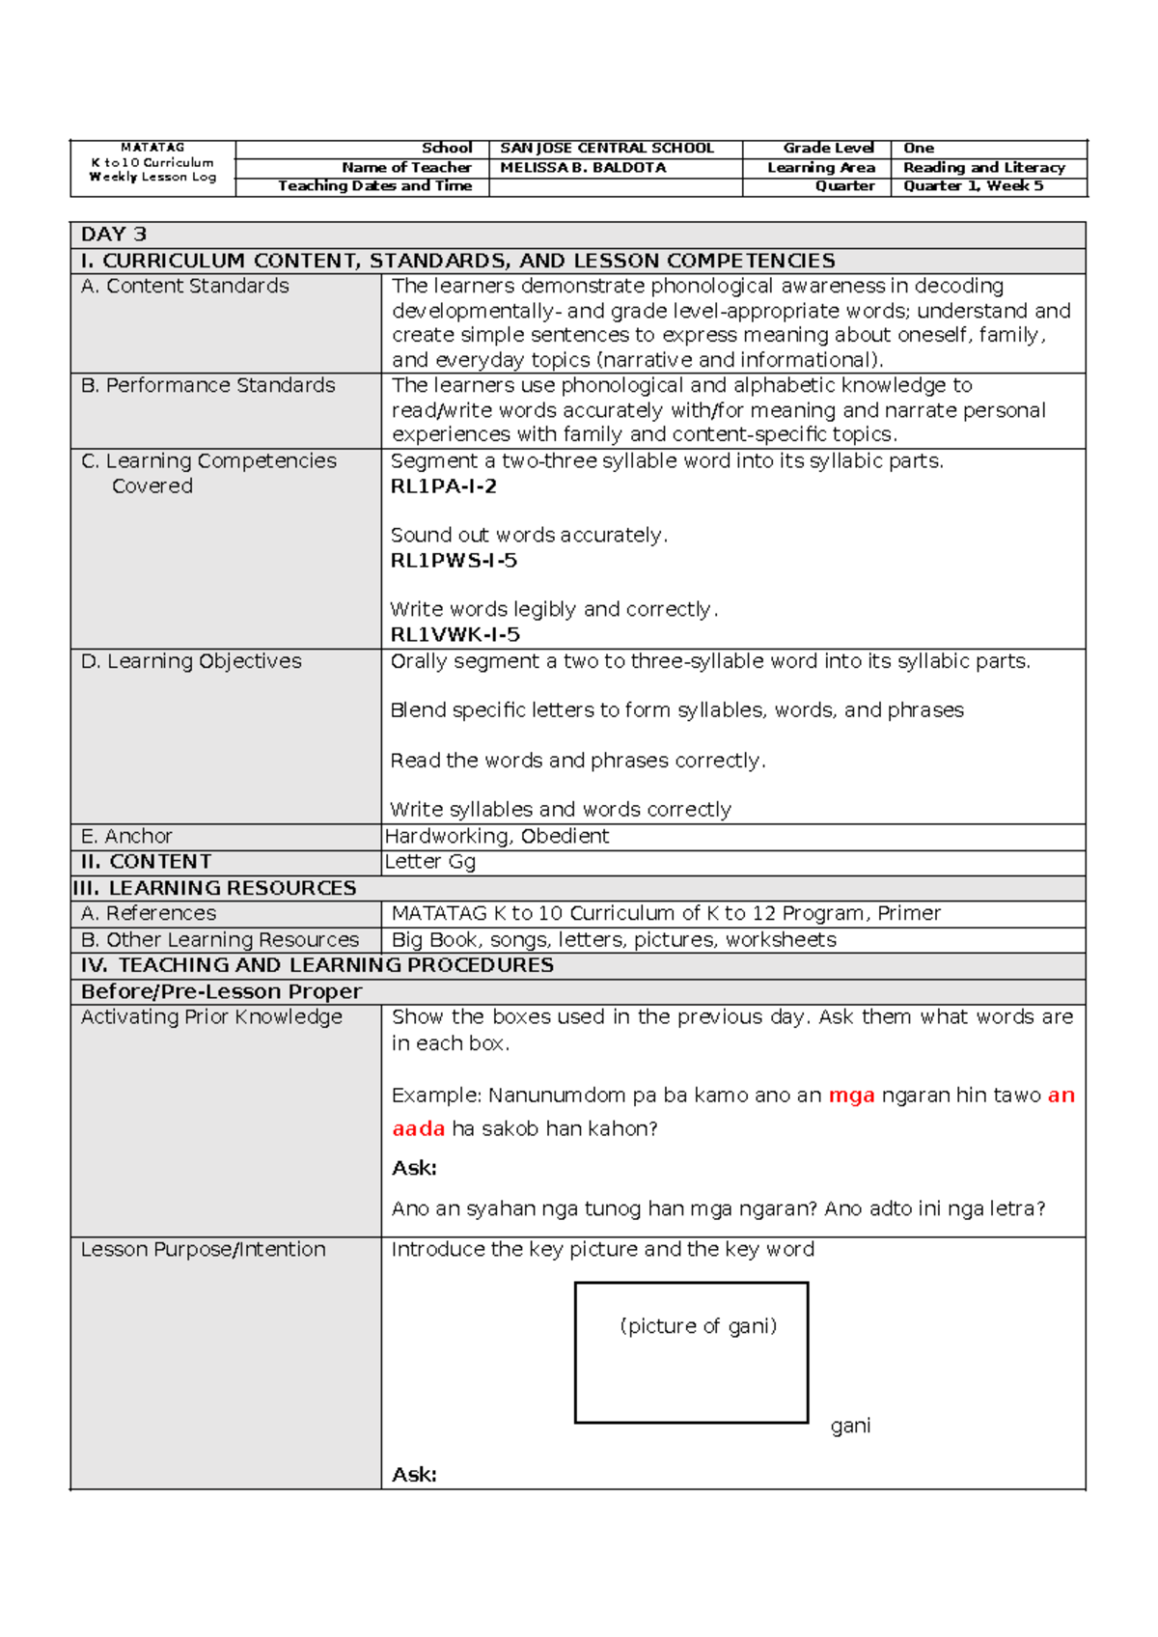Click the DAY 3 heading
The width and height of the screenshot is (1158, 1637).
point(114,235)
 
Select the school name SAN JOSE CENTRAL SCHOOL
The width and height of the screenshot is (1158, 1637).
point(607,149)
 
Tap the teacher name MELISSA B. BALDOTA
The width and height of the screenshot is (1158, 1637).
point(583,168)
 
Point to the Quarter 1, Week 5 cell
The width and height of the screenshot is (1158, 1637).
point(973,186)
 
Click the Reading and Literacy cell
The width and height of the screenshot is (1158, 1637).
point(983,168)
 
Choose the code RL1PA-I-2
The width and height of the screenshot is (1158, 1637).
point(443,486)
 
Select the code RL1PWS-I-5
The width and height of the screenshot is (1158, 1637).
point(454,561)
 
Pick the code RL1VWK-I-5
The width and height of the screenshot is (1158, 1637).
point(455,635)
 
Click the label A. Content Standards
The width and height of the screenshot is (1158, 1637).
point(185,287)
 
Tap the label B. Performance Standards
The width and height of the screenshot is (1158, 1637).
point(208,386)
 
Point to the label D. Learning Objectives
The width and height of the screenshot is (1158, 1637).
point(191,662)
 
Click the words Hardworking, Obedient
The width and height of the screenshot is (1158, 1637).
point(497,837)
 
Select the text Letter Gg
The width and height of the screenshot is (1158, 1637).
point(430,862)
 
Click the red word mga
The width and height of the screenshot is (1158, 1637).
point(851,1096)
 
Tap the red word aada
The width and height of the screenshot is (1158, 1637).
point(419,1129)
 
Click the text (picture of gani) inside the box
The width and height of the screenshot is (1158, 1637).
point(698,1326)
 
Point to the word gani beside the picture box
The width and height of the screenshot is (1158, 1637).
point(850,1426)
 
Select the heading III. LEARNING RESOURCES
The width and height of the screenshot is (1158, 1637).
point(214,888)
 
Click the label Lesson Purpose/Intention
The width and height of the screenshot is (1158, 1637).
point(204,1250)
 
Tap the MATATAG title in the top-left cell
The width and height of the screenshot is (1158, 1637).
point(152,148)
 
